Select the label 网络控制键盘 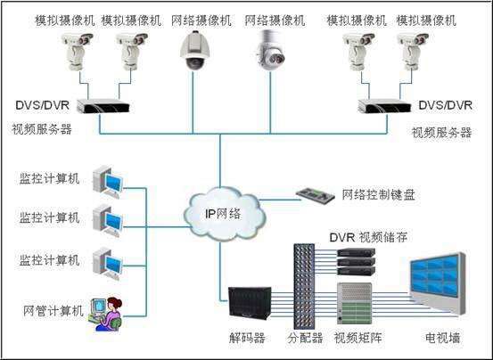coord(379,194)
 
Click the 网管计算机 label coord(53,310)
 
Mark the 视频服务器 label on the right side coord(441,133)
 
